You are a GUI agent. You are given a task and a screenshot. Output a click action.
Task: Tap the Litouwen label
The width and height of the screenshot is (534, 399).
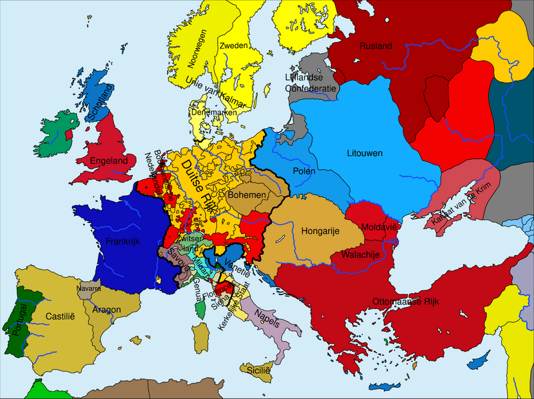pos(364,154)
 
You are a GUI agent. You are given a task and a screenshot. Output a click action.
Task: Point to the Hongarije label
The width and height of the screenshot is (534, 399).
pos(322,231)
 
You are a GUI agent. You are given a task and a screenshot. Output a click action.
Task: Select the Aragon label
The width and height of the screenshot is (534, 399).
pos(107,310)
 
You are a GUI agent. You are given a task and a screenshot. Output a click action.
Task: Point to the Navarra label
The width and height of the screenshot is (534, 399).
pos(89,290)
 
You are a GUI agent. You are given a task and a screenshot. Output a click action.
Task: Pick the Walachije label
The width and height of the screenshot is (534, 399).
pos(360,255)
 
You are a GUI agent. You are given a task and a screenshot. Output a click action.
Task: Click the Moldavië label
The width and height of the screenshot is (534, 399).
pos(379,228)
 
